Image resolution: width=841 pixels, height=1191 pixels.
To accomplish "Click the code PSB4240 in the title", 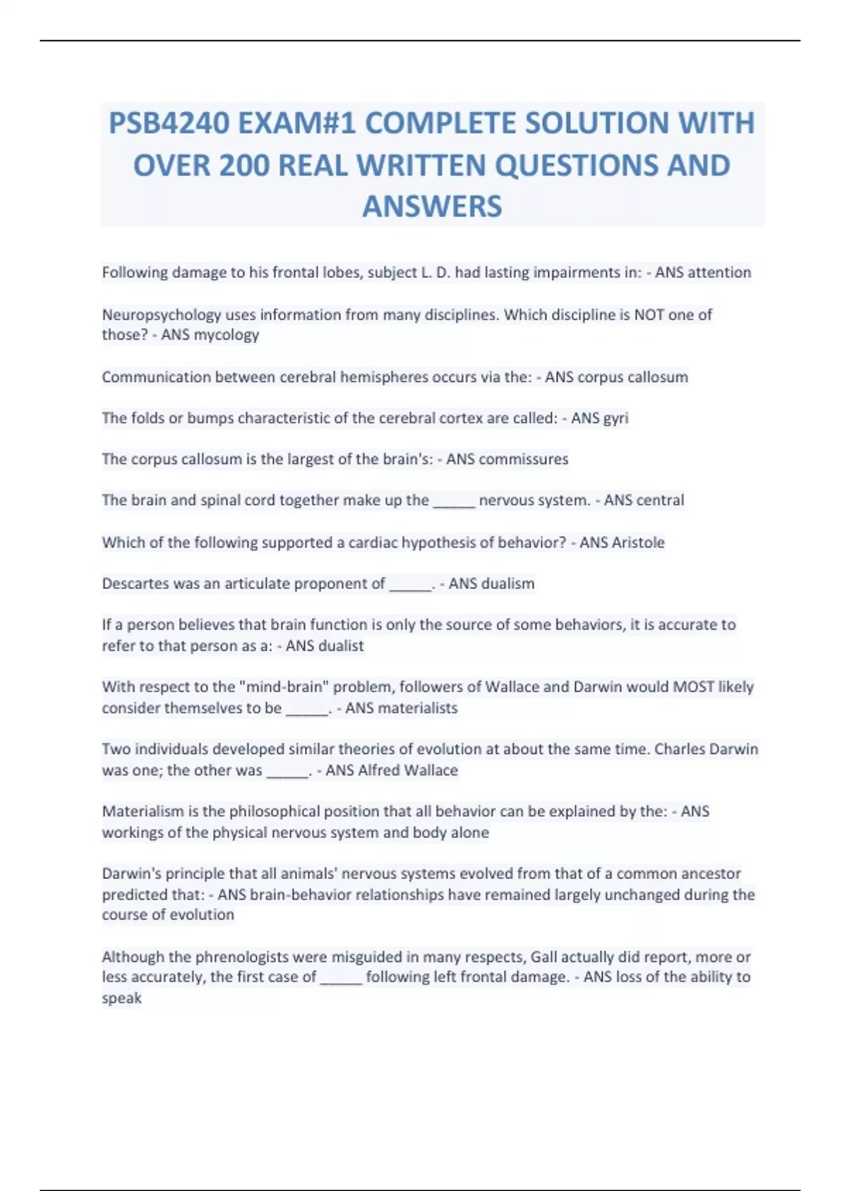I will click(169, 123).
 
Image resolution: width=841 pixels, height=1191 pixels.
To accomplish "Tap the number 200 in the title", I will click(245, 165).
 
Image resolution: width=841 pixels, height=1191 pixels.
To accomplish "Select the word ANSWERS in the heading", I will click(432, 207).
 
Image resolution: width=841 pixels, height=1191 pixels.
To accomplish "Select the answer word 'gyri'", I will click(615, 418).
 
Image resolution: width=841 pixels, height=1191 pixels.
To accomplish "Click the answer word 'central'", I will click(659, 500).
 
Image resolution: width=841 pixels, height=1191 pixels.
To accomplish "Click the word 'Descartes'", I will click(135, 584).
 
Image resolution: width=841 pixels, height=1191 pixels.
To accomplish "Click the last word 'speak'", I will click(122, 998).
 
